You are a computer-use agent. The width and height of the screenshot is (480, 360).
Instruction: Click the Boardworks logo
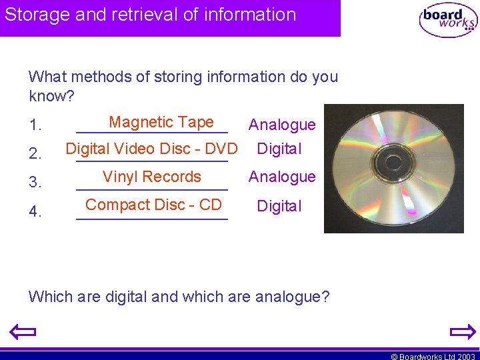pyautogui.click(x=447, y=19)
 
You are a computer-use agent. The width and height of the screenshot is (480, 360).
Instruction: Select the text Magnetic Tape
pyautogui.click(x=161, y=122)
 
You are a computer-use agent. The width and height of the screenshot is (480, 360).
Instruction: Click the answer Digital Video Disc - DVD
pyautogui.click(x=151, y=149)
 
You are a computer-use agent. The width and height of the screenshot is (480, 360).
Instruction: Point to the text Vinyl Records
pyautogui.click(x=151, y=177)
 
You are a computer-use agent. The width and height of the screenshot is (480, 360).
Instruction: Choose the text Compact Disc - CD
pyautogui.click(x=153, y=205)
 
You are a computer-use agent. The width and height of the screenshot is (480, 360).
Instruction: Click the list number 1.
pyautogui.click(x=35, y=125)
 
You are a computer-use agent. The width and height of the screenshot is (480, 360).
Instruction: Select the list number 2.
pyautogui.click(x=35, y=155)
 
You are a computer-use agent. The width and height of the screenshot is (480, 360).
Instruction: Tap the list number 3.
pyautogui.click(x=35, y=182)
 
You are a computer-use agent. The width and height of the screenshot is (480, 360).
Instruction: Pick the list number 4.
pyautogui.click(x=35, y=212)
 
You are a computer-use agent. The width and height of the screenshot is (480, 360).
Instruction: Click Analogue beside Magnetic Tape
pyautogui.click(x=282, y=125)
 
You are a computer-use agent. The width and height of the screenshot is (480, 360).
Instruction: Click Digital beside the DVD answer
pyautogui.click(x=279, y=149)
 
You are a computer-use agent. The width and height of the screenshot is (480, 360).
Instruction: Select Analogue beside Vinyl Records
pyautogui.click(x=282, y=177)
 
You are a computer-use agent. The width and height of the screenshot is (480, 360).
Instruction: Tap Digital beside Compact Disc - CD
pyautogui.click(x=279, y=206)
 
